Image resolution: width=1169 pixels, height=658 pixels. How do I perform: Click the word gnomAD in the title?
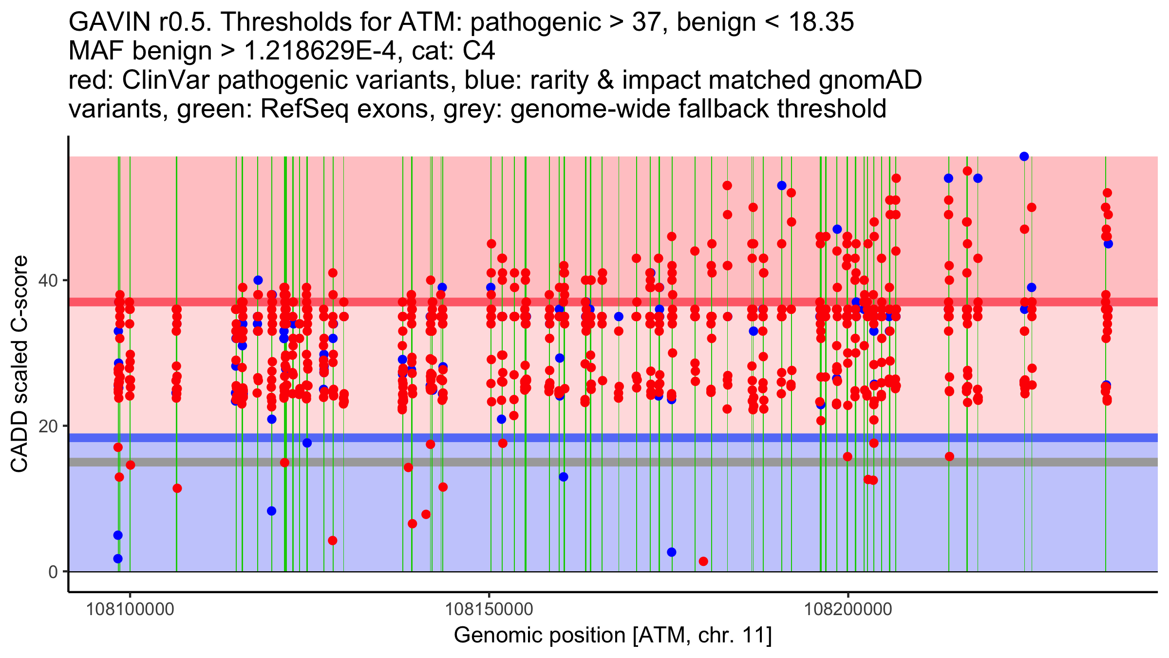click(x=870, y=80)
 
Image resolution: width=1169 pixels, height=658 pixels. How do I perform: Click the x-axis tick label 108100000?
click(x=130, y=609)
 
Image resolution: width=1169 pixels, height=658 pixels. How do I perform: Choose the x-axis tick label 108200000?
click(x=848, y=609)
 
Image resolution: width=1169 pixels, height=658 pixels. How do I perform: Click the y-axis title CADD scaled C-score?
click(x=19, y=364)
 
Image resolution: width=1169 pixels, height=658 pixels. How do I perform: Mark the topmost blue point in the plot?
click(x=1024, y=156)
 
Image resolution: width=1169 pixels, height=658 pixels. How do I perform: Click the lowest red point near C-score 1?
click(x=703, y=561)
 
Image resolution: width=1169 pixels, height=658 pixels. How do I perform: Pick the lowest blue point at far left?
click(x=118, y=559)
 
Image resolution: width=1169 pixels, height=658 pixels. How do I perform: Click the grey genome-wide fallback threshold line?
click(x=633, y=462)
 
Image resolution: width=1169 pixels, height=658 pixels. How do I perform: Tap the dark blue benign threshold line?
click(x=633, y=438)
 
